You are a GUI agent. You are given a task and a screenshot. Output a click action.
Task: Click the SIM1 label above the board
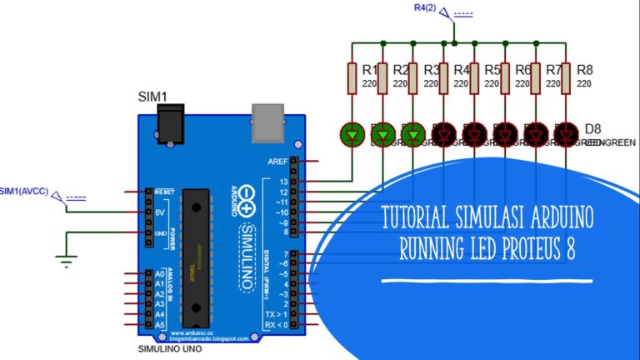point(152,97)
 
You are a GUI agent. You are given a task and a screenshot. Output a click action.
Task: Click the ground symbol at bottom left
point(65,262)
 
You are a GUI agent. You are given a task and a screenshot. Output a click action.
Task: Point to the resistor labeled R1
point(352,78)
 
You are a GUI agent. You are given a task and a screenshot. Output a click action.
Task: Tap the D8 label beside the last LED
point(592,128)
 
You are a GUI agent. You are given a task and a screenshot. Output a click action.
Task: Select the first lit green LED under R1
point(352,132)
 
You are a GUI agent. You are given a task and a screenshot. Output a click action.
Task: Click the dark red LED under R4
point(443,132)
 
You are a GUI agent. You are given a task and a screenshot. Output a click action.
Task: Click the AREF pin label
point(277,161)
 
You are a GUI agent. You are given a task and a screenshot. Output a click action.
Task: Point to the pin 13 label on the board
point(283,181)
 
